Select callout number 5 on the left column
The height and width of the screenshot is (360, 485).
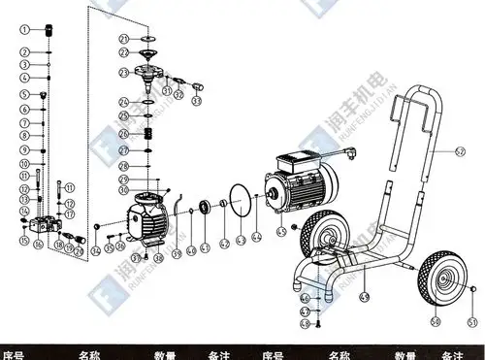pyautogui.click(x=21, y=94)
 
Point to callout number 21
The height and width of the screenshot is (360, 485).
pyautogui.click(x=124, y=38)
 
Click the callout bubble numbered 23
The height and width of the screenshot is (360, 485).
pyautogui.click(x=124, y=73)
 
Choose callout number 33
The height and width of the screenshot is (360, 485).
pyautogui.click(x=197, y=98)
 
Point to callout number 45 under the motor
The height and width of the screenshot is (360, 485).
pyautogui.click(x=280, y=232)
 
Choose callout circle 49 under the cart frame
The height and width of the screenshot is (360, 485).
pyautogui.click(x=365, y=295)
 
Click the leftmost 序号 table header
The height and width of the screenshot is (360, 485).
pyautogui.click(x=14, y=354)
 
